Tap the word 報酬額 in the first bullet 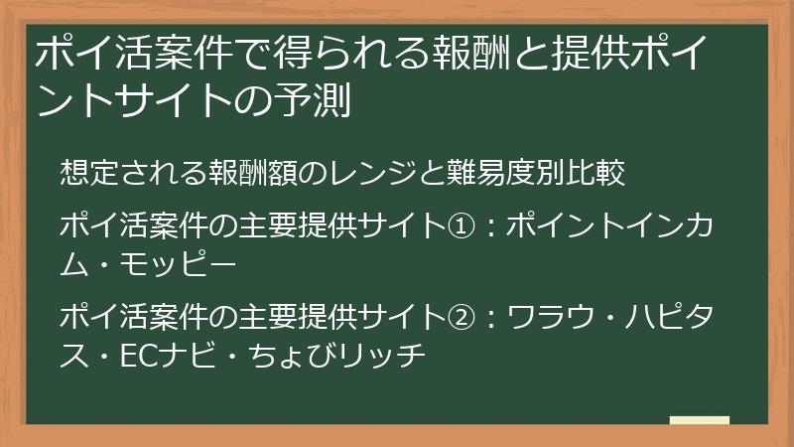[239, 172]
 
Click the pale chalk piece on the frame [700, 421]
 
